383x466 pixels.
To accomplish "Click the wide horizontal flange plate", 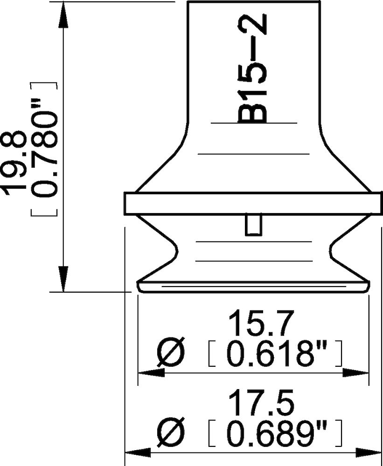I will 251,204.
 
